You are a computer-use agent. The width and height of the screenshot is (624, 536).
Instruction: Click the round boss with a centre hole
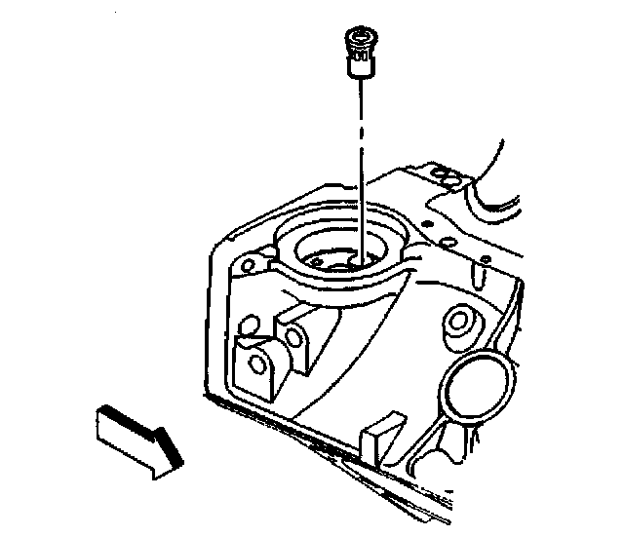click(457, 323)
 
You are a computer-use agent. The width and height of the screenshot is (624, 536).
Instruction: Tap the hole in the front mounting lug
click(258, 364)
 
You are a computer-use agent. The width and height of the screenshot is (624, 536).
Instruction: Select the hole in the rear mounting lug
click(292, 335)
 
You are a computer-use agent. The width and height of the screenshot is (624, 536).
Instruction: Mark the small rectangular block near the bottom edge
click(380, 434)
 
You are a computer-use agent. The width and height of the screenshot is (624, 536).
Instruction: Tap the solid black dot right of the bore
click(483, 260)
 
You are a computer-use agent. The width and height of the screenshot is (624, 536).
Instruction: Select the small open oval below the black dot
click(481, 279)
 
